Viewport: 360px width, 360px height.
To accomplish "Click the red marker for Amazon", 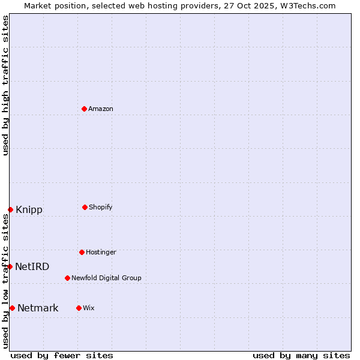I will [x=84, y=109].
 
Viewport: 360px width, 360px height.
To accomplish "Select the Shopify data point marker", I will [x=85, y=207].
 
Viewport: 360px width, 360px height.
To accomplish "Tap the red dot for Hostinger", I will [x=82, y=252].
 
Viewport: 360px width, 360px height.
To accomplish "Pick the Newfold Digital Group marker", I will [x=67, y=278].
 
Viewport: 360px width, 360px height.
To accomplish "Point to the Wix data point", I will [x=79, y=308].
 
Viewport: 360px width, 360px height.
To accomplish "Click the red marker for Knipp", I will [x=10, y=209].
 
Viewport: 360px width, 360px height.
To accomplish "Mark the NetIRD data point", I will [x=10, y=266].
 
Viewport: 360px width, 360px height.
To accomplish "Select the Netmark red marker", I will [x=12, y=308].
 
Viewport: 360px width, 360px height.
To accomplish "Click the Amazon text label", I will [x=101, y=109].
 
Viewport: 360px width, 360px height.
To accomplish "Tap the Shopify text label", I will [x=101, y=207].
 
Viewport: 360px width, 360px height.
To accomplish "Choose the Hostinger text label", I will [x=101, y=252].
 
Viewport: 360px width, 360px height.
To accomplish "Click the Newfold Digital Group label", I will [x=106, y=278].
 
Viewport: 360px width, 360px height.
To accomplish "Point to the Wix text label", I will [x=89, y=308].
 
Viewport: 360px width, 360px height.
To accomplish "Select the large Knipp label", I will [x=29, y=209].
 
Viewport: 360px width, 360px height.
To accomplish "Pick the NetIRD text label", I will [x=32, y=266].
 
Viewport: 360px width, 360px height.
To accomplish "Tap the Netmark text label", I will [x=38, y=308].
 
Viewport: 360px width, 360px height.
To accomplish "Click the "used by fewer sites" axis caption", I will [x=62, y=355].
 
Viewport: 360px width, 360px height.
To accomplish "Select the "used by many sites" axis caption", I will [x=301, y=355].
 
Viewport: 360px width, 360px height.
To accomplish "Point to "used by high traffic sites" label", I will [x=5, y=85].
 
